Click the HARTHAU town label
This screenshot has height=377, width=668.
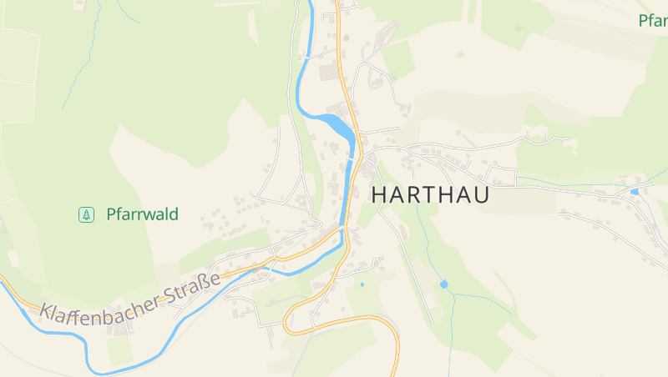(x=429, y=195)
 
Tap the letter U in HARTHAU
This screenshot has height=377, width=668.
(x=479, y=195)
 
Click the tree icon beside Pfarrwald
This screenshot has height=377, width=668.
(x=85, y=214)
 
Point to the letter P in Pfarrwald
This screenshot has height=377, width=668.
(x=111, y=214)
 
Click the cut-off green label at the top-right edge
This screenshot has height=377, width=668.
(x=653, y=20)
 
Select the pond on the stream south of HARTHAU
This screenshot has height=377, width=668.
(x=444, y=284)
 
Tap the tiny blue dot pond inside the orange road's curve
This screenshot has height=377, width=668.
(x=362, y=284)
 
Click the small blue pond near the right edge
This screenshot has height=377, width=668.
(x=635, y=192)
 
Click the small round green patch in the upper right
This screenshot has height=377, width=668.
(x=460, y=55)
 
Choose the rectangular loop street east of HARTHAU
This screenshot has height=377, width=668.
(x=503, y=176)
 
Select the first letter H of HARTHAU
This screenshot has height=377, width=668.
(x=378, y=195)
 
